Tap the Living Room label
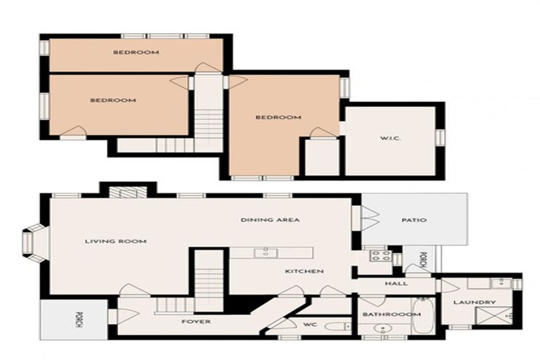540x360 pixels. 115,241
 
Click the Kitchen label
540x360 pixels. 304,271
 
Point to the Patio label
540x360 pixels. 414,220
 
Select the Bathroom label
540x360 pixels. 382,314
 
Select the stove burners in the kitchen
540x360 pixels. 380,255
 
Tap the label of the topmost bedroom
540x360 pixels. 136,52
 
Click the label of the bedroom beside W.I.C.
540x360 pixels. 278,117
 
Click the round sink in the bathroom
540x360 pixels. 383,329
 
